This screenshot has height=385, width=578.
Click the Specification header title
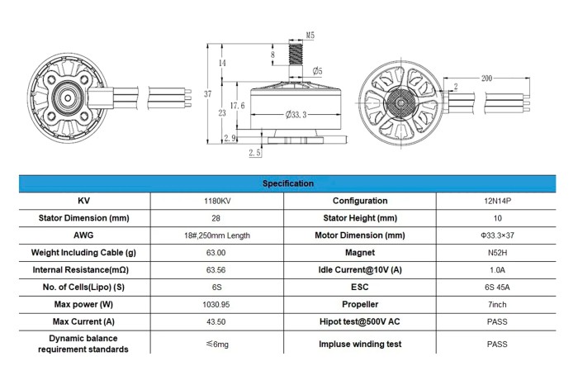point(288,183)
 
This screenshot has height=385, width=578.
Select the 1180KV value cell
point(217,201)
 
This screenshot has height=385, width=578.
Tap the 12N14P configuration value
point(497,201)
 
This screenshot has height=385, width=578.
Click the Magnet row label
point(360,253)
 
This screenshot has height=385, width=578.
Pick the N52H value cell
point(497,253)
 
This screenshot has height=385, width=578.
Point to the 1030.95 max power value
point(216,305)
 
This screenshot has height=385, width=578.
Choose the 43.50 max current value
point(216,322)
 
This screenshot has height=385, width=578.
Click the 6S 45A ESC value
point(497,288)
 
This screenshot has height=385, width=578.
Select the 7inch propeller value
point(497,305)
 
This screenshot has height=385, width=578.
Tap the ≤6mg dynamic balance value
point(217,344)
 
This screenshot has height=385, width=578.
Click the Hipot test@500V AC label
point(360,321)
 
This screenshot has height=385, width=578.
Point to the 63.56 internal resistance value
point(216,270)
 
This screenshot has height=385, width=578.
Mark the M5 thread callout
point(310,36)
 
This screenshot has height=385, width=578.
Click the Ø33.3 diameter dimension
point(296,115)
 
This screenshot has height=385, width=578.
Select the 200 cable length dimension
point(486,78)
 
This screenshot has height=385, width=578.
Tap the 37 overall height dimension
point(208,94)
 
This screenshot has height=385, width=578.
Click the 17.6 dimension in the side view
point(238,106)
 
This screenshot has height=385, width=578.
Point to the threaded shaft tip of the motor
point(296,42)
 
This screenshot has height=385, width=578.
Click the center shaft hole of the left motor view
point(68,97)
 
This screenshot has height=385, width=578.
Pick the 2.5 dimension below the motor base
point(254,152)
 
